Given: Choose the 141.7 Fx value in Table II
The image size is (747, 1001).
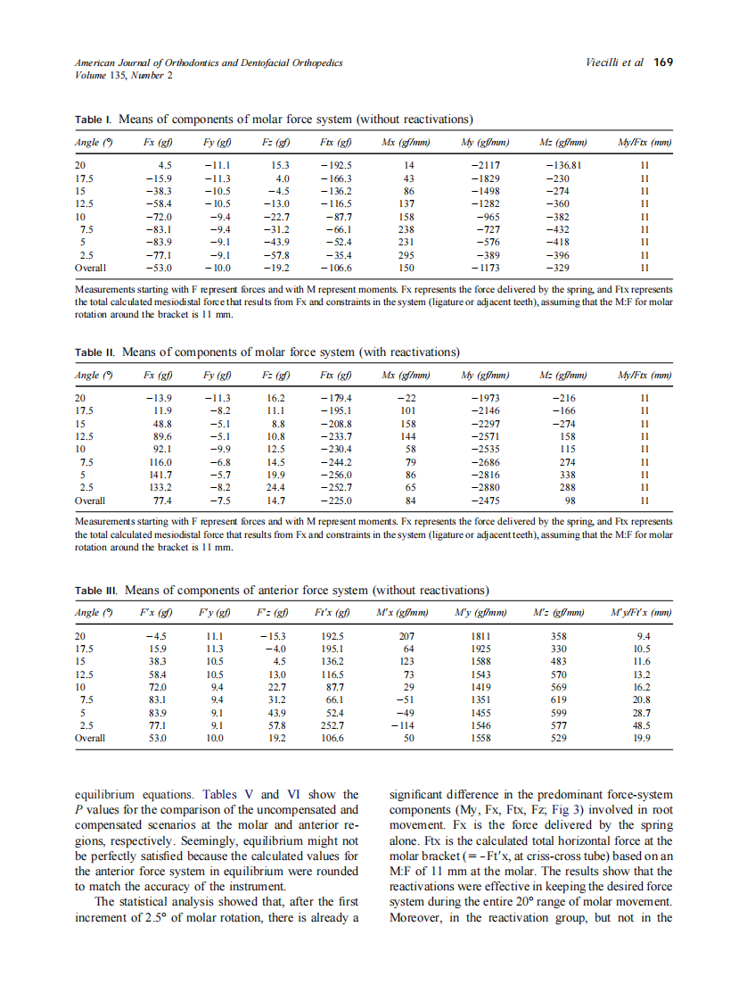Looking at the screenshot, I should click(x=159, y=476).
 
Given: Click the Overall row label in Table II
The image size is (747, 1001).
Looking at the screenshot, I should click(x=90, y=501).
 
